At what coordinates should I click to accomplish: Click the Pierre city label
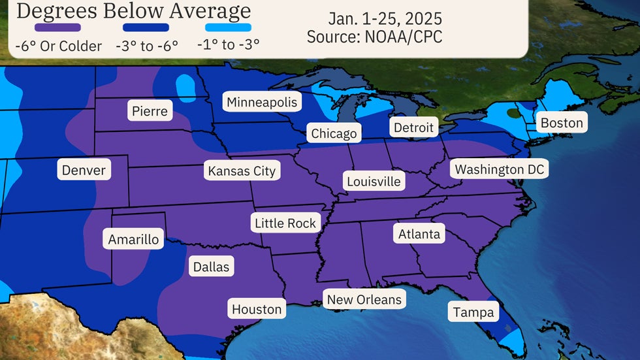tap(150, 111)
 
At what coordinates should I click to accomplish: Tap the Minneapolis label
tap(262, 102)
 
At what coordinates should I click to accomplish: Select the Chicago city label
tap(334, 133)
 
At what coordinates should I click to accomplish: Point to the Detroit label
tap(413, 127)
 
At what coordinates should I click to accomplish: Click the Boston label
tap(561, 123)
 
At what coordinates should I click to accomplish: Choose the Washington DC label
tap(499, 169)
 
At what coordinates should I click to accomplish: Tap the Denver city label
tap(84, 171)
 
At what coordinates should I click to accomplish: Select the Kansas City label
tap(242, 171)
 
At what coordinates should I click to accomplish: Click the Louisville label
tap(374, 181)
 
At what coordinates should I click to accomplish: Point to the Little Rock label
tap(285, 223)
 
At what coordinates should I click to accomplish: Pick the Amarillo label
tap(133, 239)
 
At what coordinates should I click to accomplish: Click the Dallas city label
tap(211, 267)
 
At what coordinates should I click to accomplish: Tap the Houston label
tap(257, 309)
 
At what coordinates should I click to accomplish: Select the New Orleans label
tap(364, 300)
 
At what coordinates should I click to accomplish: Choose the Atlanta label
tap(419, 233)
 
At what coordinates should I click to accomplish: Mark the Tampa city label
tap(473, 312)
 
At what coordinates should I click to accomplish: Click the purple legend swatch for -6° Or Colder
tap(58, 27)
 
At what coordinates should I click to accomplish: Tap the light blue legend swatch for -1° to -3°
tap(228, 27)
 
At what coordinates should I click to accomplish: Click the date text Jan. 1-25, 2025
tap(376, 18)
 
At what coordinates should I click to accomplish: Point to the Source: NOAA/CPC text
tap(374, 37)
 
